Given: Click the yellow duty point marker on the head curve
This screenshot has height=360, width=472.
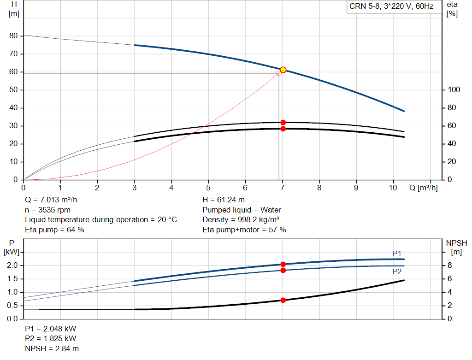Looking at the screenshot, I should pyautogui.click(x=283, y=70).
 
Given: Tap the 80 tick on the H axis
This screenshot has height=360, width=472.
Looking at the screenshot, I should pyautogui.click(x=13, y=36).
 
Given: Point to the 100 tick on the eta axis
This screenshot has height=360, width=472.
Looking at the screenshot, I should pyautogui.click(x=454, y=90).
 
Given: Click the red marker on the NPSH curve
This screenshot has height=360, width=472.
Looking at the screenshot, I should pyautogui.click(x=283, y=300).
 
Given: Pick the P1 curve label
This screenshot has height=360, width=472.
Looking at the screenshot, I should pyautogui.click(x=397, y=254).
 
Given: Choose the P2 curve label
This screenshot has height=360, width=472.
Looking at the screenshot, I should pyautogui.click(x=397, y=272).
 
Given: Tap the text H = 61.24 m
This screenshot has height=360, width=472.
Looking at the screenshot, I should pyautogui.click(x=223, y=201).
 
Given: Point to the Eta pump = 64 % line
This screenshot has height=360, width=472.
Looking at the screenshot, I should pyautogui.click(x=54, y=230).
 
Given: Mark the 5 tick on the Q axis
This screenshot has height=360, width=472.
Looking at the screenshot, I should pyautogui.click(x=208, y=188).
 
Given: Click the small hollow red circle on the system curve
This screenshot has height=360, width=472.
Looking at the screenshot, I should pyautogui.click(x=279, y=73).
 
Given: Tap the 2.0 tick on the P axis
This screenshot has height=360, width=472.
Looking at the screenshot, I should pyautogui.click(x=12, y=266).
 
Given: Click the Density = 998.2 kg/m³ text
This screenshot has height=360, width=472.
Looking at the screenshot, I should pyautogui.click(x=241, y=220).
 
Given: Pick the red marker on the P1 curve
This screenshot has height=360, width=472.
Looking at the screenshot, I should pyautogui.click(x=283, y=264).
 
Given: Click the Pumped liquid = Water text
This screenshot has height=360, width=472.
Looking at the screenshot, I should pyautogui.click(x=242, y=210).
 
